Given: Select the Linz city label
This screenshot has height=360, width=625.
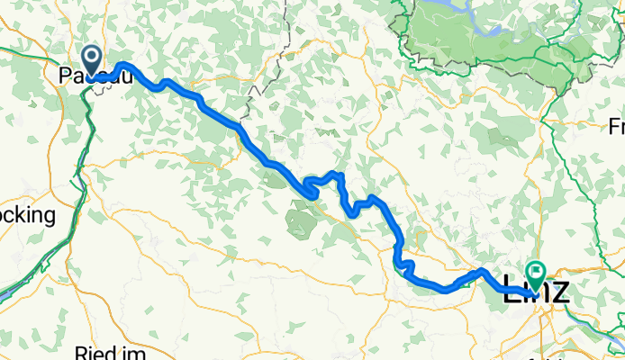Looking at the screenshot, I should (537, 290).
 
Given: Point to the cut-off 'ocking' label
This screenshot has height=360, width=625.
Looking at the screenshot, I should (27, 216).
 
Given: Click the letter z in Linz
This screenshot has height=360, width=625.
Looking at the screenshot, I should (560, 290).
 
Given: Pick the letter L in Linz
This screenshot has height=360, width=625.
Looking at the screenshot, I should (512, 290).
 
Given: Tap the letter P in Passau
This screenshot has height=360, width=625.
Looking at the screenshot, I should (65, 77).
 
